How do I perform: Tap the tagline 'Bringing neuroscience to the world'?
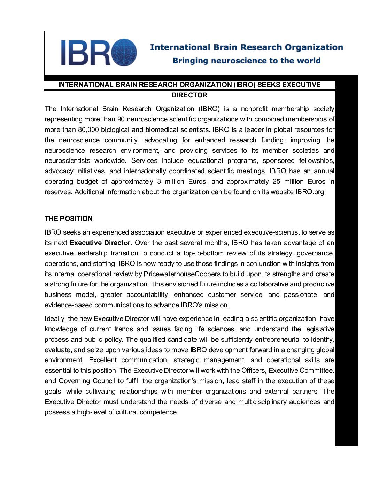click(246, 61)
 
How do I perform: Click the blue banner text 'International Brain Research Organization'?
click(246, 47)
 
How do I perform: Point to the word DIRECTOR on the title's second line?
click(189, 95)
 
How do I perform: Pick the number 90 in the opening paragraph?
click(121, 119)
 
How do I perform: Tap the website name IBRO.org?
click(310, 192)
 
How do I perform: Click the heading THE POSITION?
click(69, 219)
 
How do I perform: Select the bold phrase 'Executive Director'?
click(100, 243)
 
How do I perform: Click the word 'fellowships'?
click(316, 160)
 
